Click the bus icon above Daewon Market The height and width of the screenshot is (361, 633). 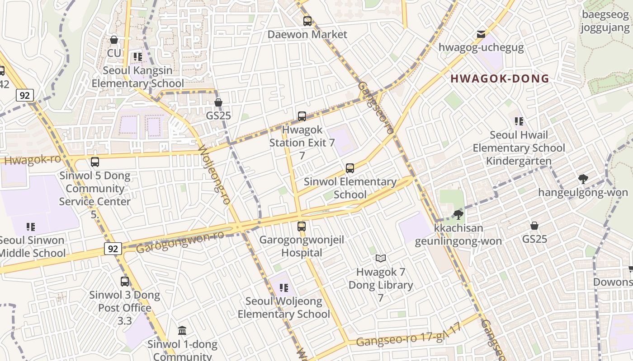(307, 21)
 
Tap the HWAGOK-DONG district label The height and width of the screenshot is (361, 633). (500, 79)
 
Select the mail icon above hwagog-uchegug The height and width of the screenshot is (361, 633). (481, 34)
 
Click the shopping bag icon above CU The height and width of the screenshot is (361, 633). (114, 40)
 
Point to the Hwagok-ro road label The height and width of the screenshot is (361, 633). (32, 160)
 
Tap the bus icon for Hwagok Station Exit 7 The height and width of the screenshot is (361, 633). (302, 116)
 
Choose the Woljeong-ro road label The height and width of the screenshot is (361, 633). (215, 175)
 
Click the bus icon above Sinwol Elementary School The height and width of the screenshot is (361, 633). (350, 168)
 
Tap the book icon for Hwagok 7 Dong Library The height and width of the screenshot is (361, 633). (381, 259)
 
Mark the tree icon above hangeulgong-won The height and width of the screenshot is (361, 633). (583, 179)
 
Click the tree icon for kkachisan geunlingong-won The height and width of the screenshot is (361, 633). (458, 214)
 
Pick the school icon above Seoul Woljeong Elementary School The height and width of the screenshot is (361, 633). (284, 287)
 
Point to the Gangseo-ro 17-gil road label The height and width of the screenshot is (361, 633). (409, 336)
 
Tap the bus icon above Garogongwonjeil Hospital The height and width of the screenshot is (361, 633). (302, 227)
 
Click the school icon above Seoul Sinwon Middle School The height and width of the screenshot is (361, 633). (31, 227)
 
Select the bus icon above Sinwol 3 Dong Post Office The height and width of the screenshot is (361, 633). (125, 282)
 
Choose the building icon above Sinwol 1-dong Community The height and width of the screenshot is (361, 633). (182, 331)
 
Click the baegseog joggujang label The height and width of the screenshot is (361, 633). (605, 21)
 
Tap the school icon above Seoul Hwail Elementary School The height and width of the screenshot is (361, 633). (519, 121)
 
